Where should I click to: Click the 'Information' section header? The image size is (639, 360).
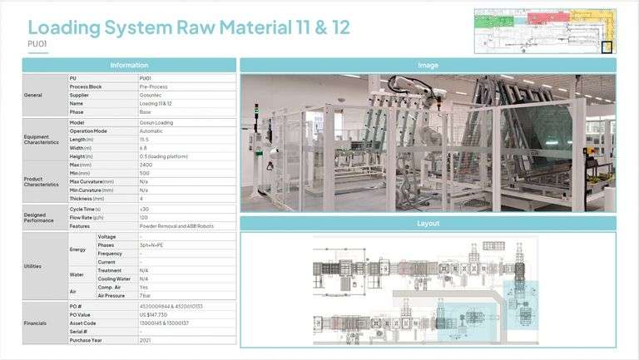point(128,65)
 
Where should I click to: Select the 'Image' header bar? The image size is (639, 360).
point(428,65)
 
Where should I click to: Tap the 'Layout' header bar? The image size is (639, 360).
point(428,224)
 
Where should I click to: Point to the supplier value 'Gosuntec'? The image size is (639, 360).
point(152,95)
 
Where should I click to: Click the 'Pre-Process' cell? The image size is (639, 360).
point(153,86)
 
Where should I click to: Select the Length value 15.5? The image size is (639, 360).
point(145,140)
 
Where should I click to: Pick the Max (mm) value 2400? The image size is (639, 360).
point(146,165)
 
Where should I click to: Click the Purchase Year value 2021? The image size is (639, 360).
point(146,340)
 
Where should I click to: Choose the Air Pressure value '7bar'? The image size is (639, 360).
point(146,295)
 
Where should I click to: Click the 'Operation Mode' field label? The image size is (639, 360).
point(90,131)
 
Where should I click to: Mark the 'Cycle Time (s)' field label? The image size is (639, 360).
point(87,210)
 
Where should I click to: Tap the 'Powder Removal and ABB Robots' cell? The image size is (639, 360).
point(175,226)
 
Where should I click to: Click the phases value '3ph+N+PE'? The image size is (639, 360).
point(151,245)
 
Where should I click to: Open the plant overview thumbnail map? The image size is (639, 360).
point(545,31)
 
